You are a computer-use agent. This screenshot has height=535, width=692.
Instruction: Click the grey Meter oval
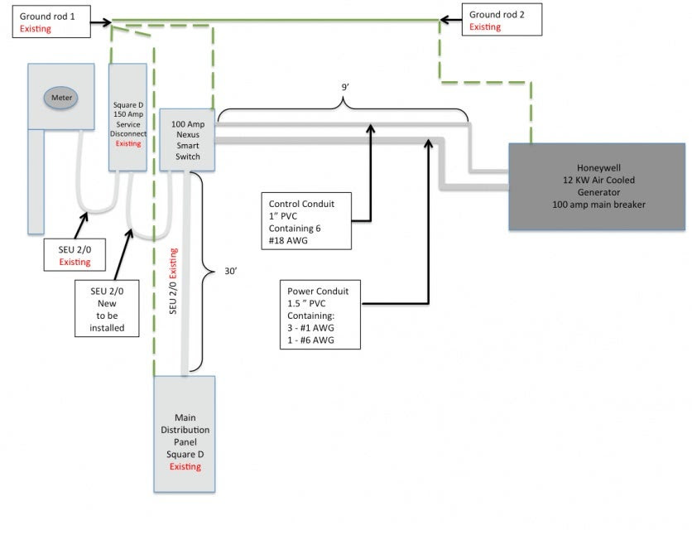pyautogui.click(x=62, y=98)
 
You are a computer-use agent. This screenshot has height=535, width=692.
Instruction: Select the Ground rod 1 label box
pyautogui.click(x=50, y=22)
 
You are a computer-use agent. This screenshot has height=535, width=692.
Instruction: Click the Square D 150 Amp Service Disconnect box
pyautogui.click(x=127, y=117)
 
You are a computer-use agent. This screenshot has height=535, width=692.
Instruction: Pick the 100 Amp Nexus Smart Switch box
pyautogui.click(x=187, y=139)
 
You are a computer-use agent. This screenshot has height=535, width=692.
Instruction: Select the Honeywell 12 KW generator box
pyautogui.click(x=596, y=186)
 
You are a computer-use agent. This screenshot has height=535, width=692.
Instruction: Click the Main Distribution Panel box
pyautogui.click(x=185, y=435)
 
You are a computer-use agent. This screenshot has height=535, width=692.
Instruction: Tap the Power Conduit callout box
pyautogui.click(x=320, y=315)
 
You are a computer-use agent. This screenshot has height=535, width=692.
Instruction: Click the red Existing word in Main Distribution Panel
pyautogui.click(x=185, y=466)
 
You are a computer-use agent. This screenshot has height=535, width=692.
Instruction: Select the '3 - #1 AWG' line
pyautogui.click(x=311, y=328)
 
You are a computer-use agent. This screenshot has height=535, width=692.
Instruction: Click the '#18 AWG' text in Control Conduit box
pyautogui.click(x=286, y=240)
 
